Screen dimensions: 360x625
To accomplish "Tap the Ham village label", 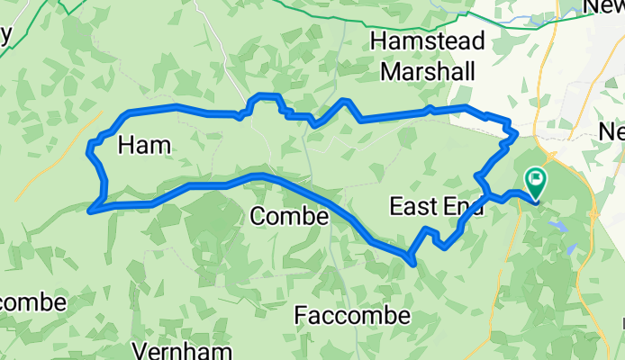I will point(144,144).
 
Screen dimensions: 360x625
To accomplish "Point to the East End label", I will point(437,207).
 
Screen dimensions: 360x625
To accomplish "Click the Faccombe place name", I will point(353,316).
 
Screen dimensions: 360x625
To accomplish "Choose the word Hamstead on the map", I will point(429,41).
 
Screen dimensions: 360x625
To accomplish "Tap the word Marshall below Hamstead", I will point(429,70).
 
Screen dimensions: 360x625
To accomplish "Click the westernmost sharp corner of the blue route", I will point(89,211).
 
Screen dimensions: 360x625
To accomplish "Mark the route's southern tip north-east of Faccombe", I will point(412,264).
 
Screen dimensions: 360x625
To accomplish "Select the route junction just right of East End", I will point(488,193).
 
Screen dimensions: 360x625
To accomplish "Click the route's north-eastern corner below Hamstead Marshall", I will point(513,135).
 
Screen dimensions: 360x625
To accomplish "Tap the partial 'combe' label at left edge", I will point(32,301).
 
